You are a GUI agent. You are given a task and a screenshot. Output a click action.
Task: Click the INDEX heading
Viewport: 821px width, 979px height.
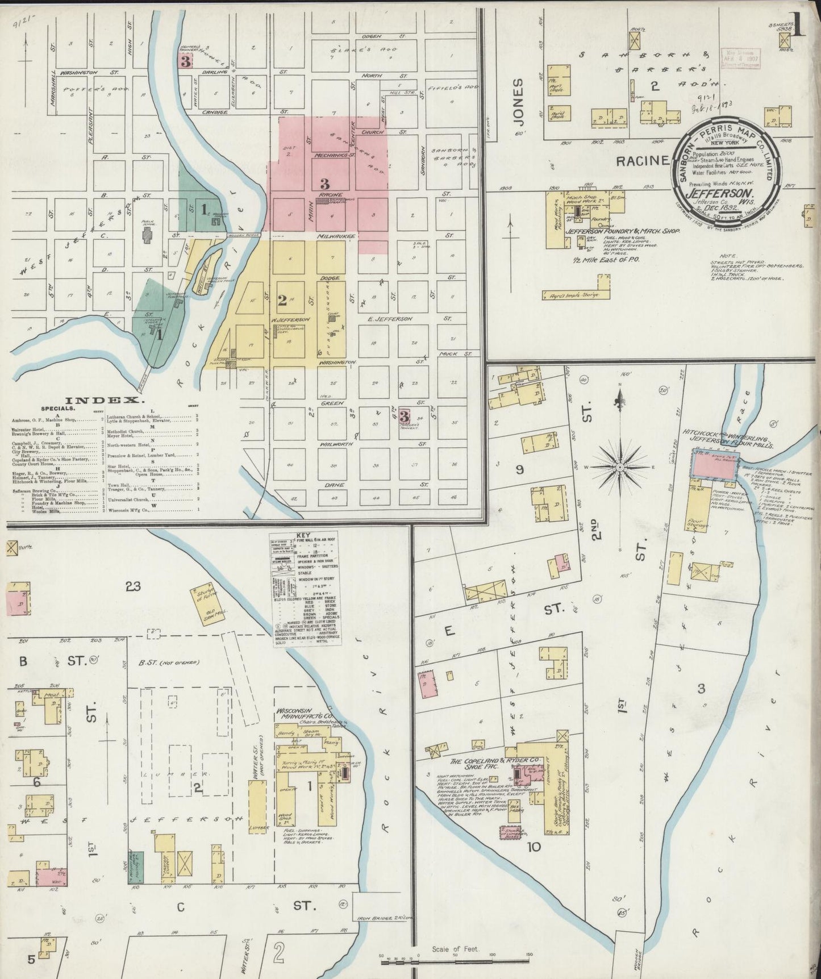coord(102,400)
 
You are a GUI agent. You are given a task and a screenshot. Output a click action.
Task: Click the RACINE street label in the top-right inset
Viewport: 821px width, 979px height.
coord(643,161)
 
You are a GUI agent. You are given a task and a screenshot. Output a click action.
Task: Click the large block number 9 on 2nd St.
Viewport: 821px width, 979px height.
coord(519,469)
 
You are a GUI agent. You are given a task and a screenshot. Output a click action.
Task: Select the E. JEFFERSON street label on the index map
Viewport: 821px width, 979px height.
coord(390,319)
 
